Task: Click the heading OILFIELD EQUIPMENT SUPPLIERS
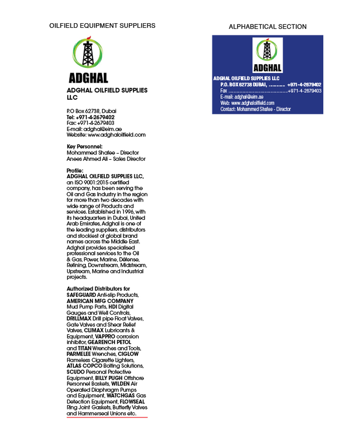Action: [102, 26]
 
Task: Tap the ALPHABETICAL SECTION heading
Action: [267, 27]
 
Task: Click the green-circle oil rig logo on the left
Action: [88, 54]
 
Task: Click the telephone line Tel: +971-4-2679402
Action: [90, 117]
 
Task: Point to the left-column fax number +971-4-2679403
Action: [96, 123]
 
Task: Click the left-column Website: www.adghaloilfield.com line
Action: [106, 135]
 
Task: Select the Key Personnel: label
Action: [84, 147]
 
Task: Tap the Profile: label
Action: [75, 171]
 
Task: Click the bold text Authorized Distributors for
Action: [98, 289]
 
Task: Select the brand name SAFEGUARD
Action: [81, 295]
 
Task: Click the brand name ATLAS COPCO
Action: [81, 366]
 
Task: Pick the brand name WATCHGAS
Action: [121, 396]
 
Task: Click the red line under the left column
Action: [107, 418]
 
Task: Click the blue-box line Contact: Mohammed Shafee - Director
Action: [255, 109]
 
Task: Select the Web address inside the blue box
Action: [247, 103]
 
